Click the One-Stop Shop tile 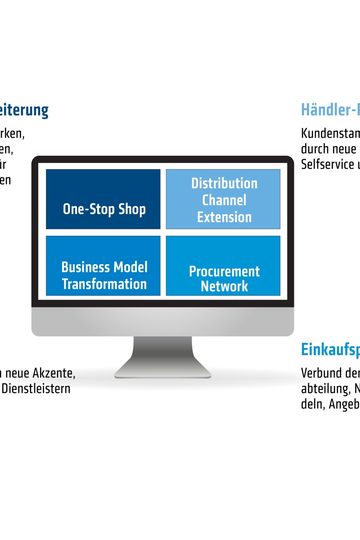(103, 199)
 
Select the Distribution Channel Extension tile (223, 199)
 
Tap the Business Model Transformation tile (103, 265)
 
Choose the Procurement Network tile (223, 265)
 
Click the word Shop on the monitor (132, 209)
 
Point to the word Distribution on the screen (224, 184)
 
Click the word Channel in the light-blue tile (224, 200)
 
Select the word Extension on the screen (224, 217)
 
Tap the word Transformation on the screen (104, 284)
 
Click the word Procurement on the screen (224, 271)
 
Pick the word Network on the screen (224, 287)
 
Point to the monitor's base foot (162, 373)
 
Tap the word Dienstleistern (36, 388)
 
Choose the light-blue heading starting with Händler (330, 109)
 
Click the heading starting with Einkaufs (330, 349)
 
